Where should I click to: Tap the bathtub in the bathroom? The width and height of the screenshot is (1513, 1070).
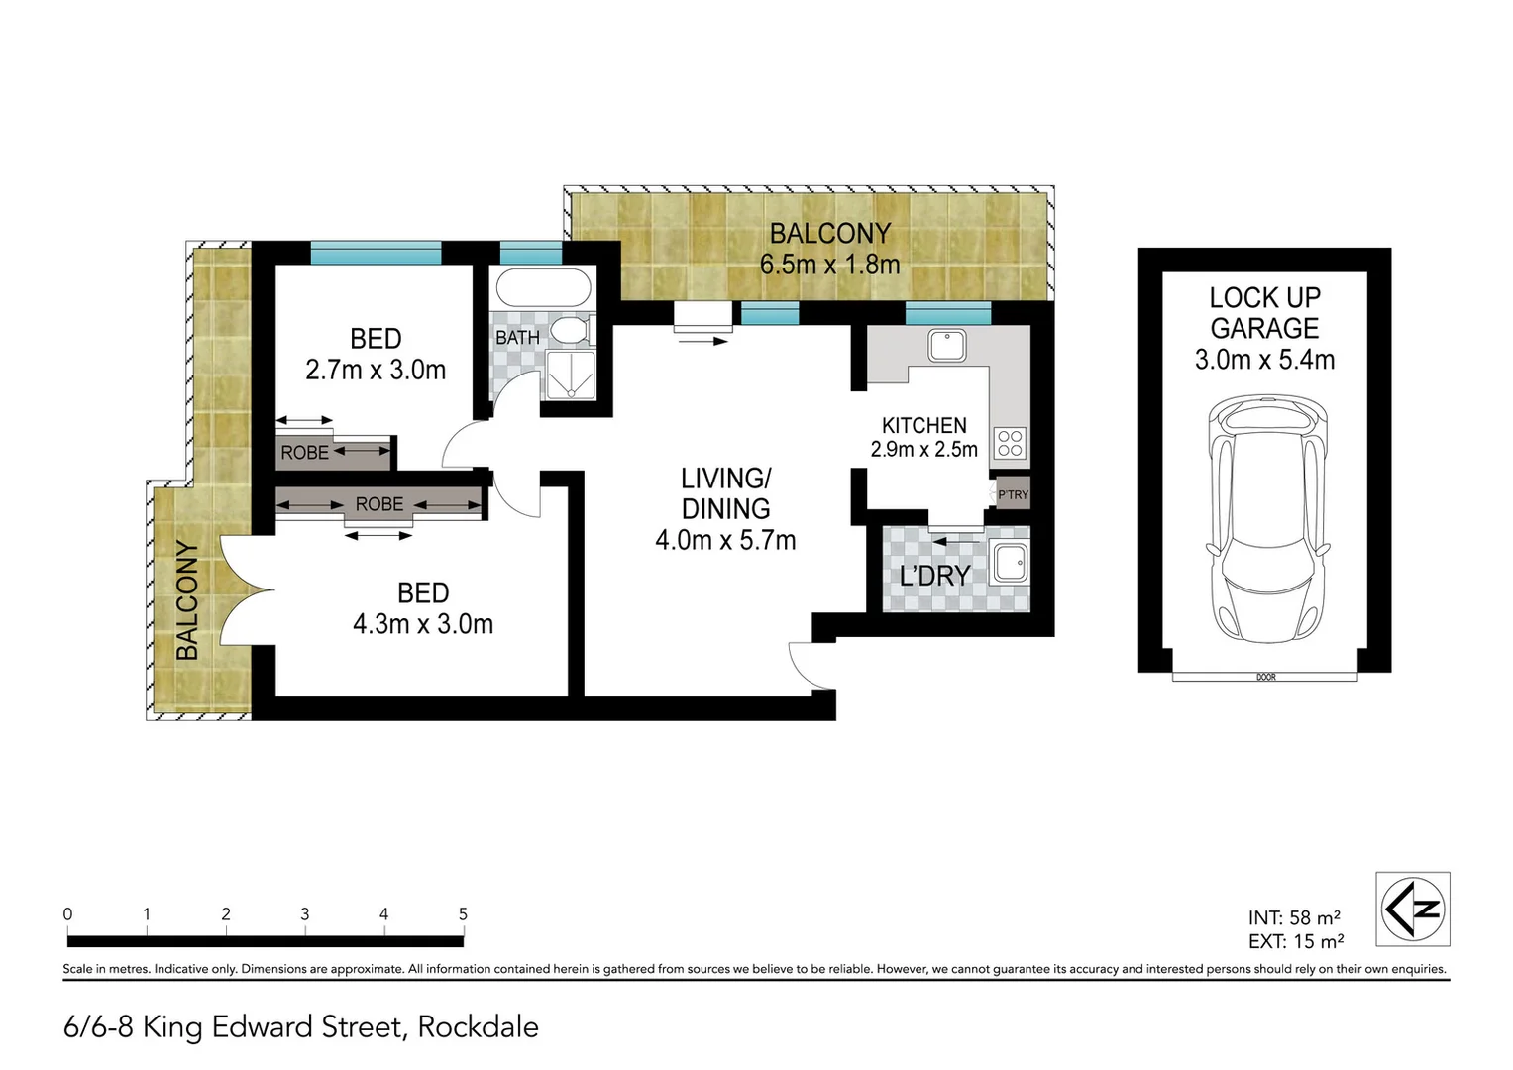click(x=543, y=289)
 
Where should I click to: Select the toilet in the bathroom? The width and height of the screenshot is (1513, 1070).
click(x=571, y=331)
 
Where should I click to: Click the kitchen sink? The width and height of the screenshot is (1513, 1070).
click(x=946, y=346)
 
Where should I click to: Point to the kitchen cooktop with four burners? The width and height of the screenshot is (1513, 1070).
click(x=1010, y=443)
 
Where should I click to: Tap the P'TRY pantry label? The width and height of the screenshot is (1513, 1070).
click(x=1013, y=494)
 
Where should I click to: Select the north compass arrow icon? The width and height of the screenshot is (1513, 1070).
click(x=1413, y=909)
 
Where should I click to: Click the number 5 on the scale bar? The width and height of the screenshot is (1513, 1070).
click(x=463, y=913)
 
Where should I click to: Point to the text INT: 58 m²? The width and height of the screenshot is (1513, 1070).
click(x=1294, y=917)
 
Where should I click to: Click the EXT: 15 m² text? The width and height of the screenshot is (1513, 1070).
click(x=1295, y=941)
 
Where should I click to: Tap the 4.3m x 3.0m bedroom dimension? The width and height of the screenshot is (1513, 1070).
click(x=423, y=624)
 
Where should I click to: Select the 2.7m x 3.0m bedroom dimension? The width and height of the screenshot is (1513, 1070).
click(x=376, y=370)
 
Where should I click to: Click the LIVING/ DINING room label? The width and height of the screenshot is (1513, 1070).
click(x=725, y=493)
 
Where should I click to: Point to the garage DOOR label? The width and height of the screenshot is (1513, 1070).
click(x=1265, y=678)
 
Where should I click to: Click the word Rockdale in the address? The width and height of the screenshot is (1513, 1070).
click(x=478, y=1026)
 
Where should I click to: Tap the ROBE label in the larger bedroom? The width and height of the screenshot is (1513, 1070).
click(x=379, y=504)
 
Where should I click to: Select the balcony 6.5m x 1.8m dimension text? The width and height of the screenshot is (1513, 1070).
click(x=829, y=265)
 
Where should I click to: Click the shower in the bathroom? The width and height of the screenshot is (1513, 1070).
click(x=571, y=374)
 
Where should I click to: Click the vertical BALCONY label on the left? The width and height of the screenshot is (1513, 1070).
click(x=187, y=600)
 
